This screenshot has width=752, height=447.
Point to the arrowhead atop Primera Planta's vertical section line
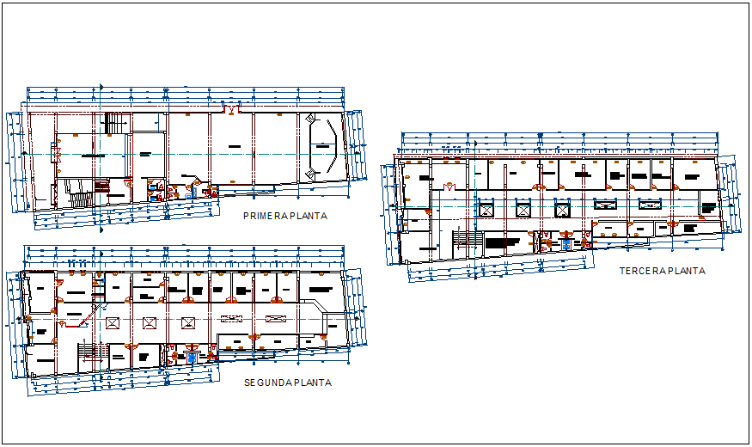pos(101,87)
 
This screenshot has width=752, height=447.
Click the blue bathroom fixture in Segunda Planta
pos(191,357)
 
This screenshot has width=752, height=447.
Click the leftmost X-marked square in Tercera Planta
pos(486,207)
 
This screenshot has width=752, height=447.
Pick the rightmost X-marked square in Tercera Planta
pos(564,207)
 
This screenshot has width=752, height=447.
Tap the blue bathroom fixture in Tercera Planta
pos(565,245)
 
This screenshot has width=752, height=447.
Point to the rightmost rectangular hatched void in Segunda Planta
pos(275,319)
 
